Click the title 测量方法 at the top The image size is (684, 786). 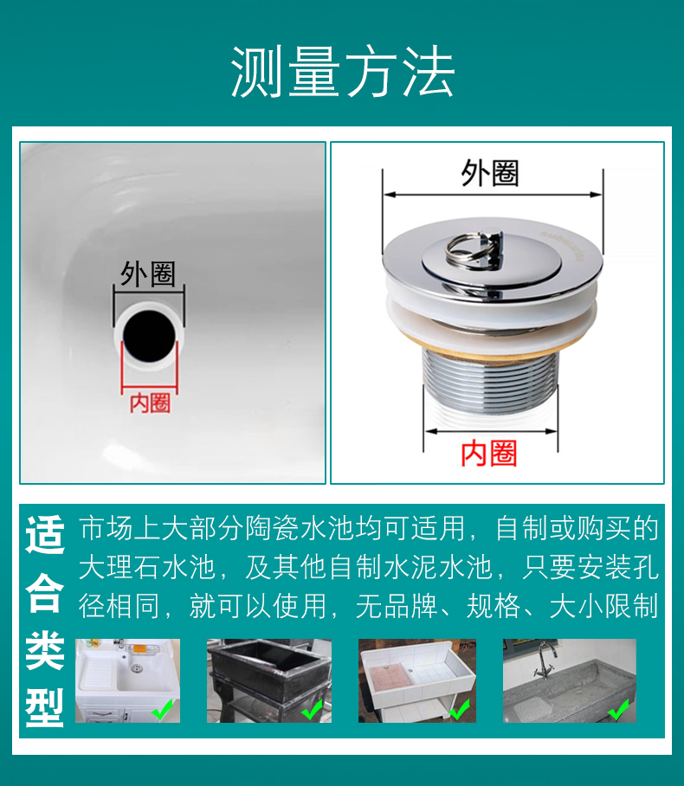click(343, 71)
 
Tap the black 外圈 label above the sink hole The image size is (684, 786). click(148, 274)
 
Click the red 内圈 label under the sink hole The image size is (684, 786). click(150, 403)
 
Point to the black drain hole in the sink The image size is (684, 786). click(150, 335)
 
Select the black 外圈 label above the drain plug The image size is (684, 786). click(489, 173)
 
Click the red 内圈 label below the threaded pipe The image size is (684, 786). click(489, 453)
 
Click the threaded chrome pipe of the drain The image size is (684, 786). click(490, 380)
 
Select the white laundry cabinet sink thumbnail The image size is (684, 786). click(127, 680)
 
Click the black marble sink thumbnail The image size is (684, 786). click(269, 680)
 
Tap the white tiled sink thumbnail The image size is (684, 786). click(417, 680)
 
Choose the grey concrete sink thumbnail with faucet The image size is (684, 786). click(570, 680)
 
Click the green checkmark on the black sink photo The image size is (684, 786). click(312, 709)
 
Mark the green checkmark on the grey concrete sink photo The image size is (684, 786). click(618, 709)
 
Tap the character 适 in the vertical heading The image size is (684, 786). click(45, 534)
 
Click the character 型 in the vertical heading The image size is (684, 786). click(45, 707)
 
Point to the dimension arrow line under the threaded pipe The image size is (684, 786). click(490, 431)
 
